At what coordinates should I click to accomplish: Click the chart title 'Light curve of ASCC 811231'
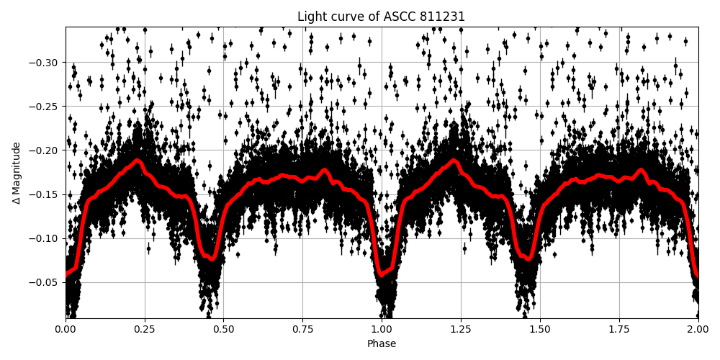pyautogui.click(x=382, y=17)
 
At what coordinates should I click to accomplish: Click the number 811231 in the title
pyautogui.click(x=445, y=17)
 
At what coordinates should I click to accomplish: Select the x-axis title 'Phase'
pyautogui.click(x=382, y=344)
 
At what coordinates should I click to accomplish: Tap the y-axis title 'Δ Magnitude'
pyautogui.click(x=17, y=173)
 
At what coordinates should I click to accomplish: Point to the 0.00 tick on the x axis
pyautogui.click(x=66, y=330)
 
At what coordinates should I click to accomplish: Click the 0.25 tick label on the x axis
pyautogui.click(x=145, y=330)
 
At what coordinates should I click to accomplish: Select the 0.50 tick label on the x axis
pyautogui.click(x=224, y=330)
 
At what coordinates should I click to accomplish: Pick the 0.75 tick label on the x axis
pyautogui.click(x=302, y=330)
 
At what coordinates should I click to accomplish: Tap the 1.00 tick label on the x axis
pyautogui.click(x=382, y=330)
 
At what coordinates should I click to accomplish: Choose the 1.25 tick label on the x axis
pyautogui.click(x=461, y=330)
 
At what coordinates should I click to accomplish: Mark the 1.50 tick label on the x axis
pyautogui.click(x=540, y=330)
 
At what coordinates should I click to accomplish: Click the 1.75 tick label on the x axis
pyautogui.click(x=619, y=330)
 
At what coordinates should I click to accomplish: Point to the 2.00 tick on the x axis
pyautogui.click(x=698, y=330)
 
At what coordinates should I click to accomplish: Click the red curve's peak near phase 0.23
pyautogui.click(x=138, y=161)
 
